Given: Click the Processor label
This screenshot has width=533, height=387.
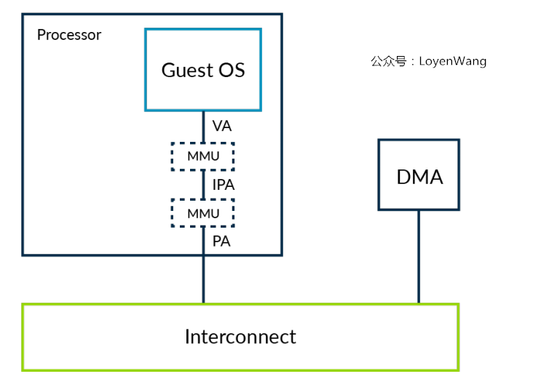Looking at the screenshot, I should pyautogui.click(x=69, y=35).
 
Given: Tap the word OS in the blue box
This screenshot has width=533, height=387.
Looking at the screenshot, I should pyautogui.click(x=231, y=70).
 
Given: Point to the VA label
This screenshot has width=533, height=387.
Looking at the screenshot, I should pyautogui.click(x=221, y=126).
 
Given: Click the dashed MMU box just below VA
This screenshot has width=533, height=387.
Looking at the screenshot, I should pyautogui.click(x=202, y=156).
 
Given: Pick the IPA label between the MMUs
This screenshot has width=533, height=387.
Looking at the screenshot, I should pyautogui.click(x=223, y=185).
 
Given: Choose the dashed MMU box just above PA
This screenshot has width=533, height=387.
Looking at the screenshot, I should pyautogui.click(x=202, y=213).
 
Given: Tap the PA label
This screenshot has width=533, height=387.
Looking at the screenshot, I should pyautogui.click(x=221, y=242).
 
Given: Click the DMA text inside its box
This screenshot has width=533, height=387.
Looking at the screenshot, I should pyautogui.click(x=419, y=177).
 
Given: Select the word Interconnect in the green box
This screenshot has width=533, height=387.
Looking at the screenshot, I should pyautogui.click(x=240, y=338).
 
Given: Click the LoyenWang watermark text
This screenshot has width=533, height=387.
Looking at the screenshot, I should pyautogui.click(x=452, y=61).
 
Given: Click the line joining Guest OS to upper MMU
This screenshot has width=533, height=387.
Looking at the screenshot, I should pyautogui.click(x=203, y=127).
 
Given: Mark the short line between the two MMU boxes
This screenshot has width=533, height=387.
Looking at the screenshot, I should pyautogui.click(x=203, y=185).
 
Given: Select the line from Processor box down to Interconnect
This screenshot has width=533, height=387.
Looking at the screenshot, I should pyautogui.click(x=203, y=279).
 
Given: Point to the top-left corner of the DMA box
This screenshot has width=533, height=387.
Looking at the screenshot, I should pyautogui.click(x=379, y=140).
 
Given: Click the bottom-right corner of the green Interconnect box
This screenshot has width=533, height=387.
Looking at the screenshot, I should pyautogui.click(x=458, y=370).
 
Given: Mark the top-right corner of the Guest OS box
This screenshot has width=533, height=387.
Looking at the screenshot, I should pyautogui.click(x=260, y=30).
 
